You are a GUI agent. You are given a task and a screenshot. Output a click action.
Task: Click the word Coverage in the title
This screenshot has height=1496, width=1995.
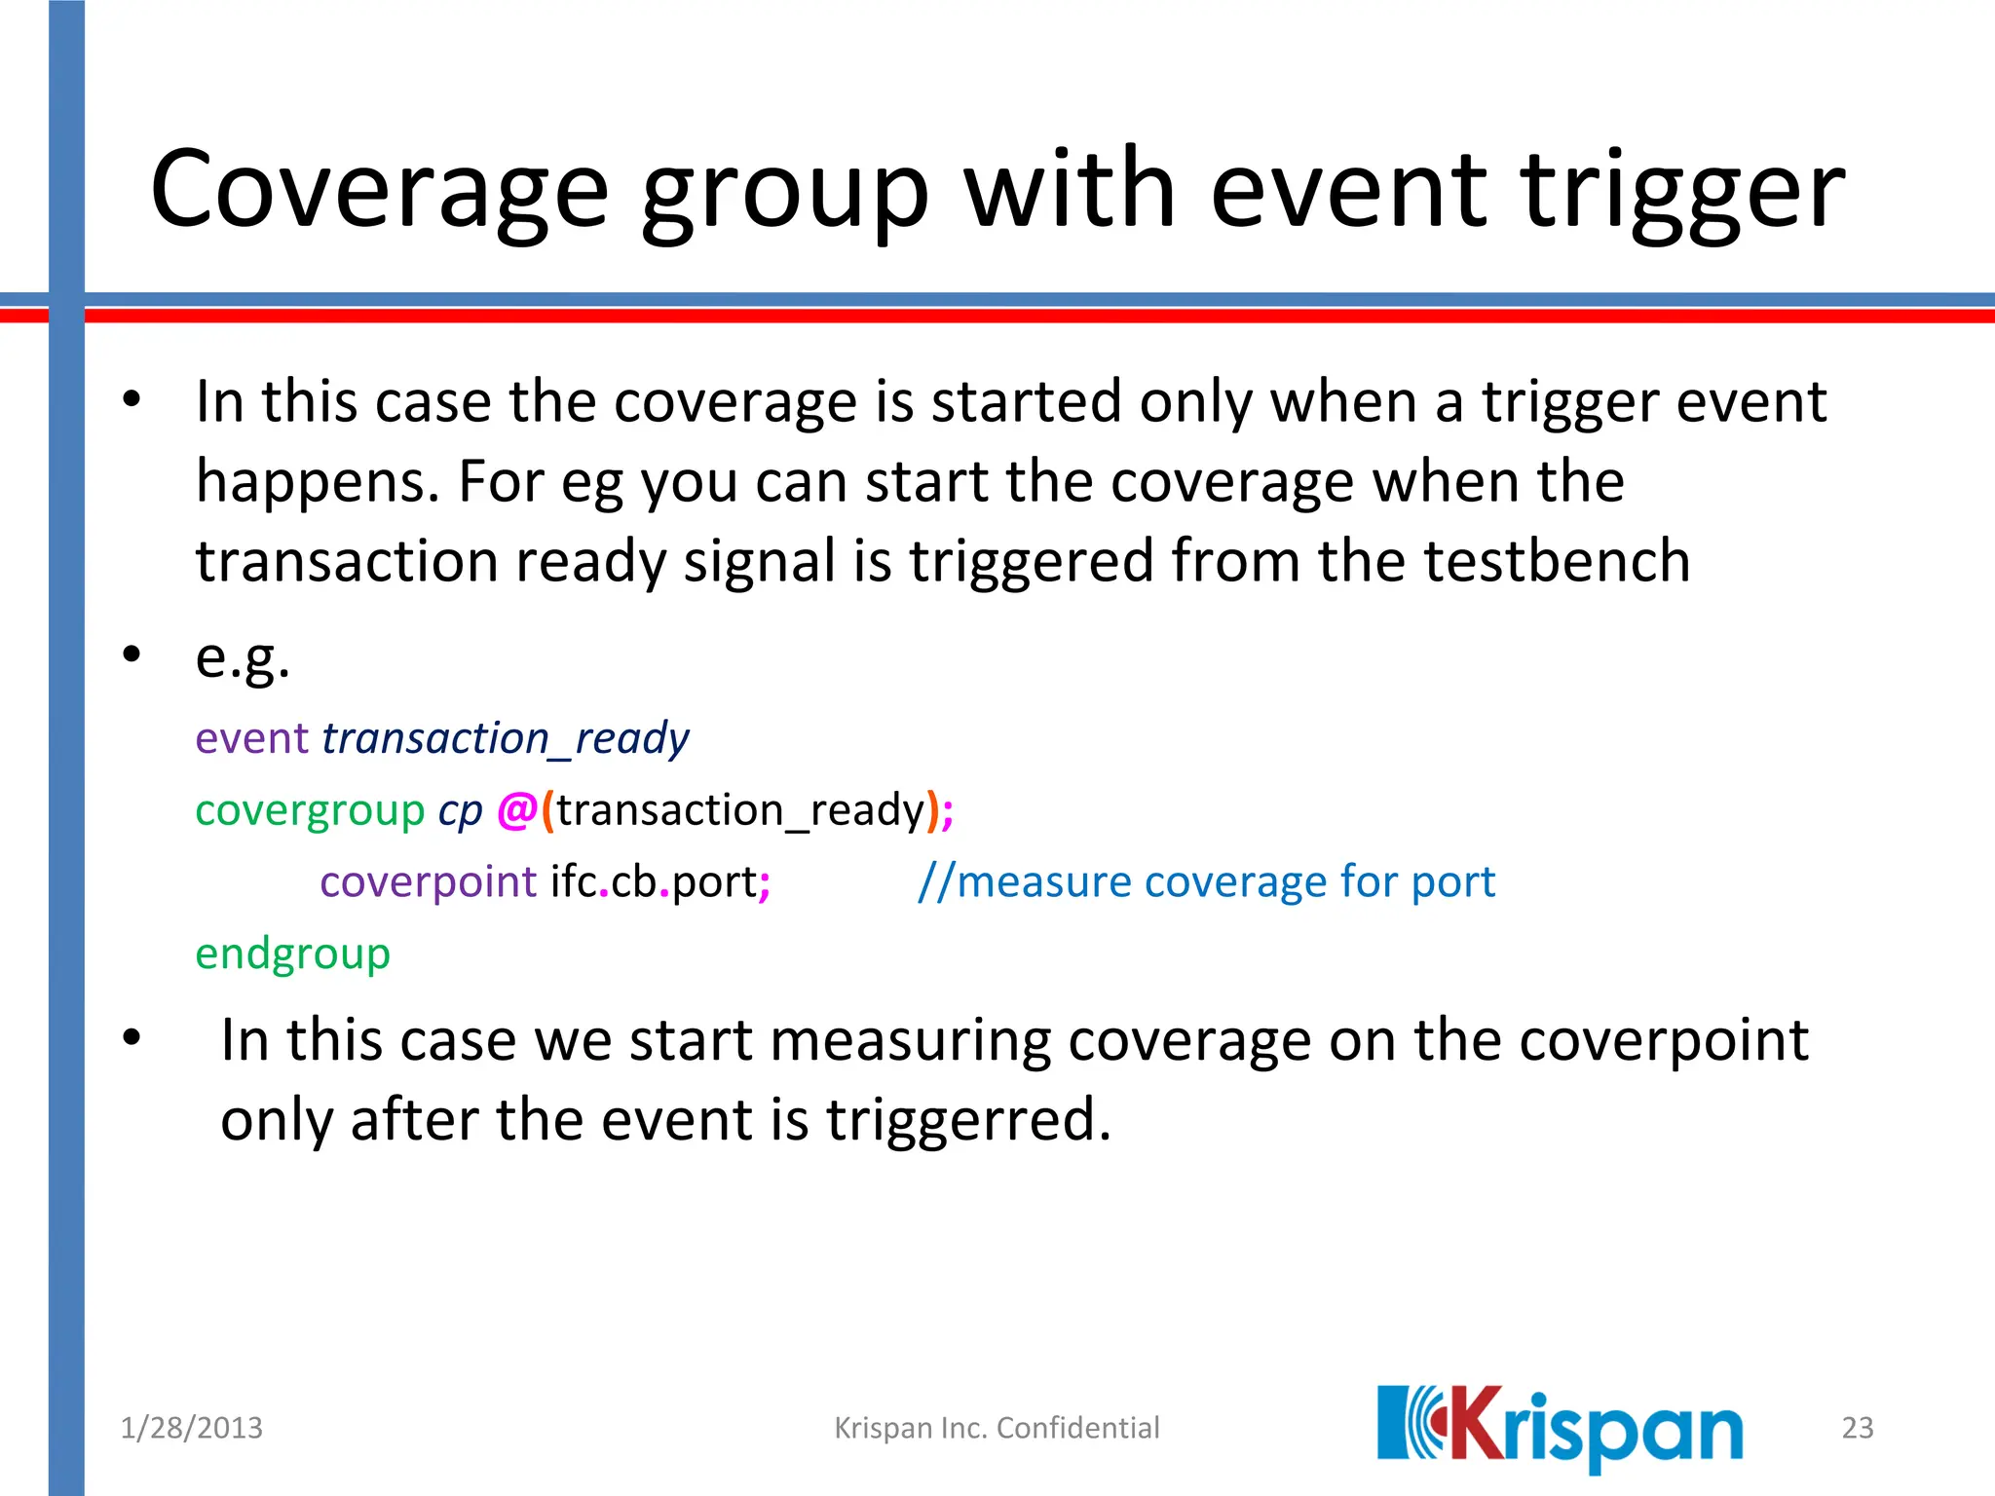pyautogui.click(x=380, y=190)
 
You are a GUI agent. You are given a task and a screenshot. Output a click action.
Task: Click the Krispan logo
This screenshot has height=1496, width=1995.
pyautogui.click(x=1560, y=1428)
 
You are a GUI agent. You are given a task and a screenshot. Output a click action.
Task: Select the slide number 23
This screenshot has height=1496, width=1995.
pyautogui.click(x=1857, y=1428)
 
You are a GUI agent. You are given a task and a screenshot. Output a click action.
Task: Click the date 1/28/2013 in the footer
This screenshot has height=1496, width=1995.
pyautogui.click(x=191, y=1428)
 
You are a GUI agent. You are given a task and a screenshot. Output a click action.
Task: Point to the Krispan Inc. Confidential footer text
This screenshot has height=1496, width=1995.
pyautogui.click(x=997, y=1428)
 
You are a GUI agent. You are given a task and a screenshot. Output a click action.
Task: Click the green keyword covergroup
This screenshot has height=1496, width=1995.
pyautogui.click(x=310, y=810)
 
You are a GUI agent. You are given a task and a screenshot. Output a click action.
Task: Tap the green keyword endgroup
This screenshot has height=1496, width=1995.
pyautogui.click(x=292, y=954)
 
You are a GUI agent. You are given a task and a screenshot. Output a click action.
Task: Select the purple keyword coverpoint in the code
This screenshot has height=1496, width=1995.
pyautogui.click(x=428, y=882)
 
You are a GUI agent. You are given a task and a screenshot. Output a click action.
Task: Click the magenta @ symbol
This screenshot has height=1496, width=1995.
pyautogui.click(x=516, y=810)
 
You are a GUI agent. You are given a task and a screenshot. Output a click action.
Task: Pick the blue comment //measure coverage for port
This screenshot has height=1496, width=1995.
pyautogui.click(x=1206, y=882)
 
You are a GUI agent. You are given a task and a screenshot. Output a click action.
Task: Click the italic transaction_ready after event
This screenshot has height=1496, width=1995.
pyautogui.click(x=505, y=738)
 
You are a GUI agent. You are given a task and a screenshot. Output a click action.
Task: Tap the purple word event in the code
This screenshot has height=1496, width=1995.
pyautogui.click(x=252, y=738)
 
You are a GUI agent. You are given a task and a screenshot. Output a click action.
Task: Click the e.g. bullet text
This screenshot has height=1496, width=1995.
pyautogui.click(x=243, y=658)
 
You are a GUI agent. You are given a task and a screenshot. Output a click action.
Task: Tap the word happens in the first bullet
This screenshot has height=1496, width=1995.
pyautogui.click(x=316, y=483)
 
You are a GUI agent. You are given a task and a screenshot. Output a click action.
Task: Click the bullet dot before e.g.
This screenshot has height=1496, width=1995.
pyautogui.click(x=132, y=654)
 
